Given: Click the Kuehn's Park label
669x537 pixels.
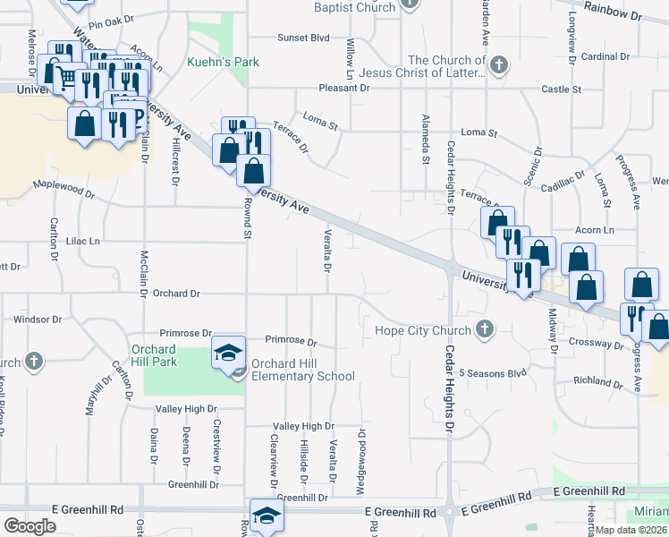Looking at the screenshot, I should click(x=216, y=62).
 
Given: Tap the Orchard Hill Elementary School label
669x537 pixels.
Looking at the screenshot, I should click(x=302, y=371).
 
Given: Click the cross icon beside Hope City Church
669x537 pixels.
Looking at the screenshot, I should click(x=485, y=330).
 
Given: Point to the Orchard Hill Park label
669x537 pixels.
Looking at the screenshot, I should click(x=154, y=355).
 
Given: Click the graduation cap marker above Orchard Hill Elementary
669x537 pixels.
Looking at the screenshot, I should click(x=228, y=351).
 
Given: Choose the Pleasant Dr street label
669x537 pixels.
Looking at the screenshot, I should click(x=345, y=89).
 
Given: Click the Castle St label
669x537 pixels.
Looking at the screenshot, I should click(x=561, y=89).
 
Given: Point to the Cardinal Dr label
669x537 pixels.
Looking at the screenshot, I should click(x=605, y=56).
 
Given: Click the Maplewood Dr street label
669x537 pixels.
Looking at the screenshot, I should click(x=64, y=189).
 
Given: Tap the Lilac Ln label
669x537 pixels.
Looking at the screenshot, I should click(x=82, y=242).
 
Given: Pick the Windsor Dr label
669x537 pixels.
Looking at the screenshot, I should click(x=38, y=319).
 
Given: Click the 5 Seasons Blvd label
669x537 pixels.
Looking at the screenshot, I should click(x=493, y=372).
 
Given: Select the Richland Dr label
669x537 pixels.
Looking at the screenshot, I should click(x=598, y=381).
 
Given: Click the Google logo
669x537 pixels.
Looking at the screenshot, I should click(x=30, y=525).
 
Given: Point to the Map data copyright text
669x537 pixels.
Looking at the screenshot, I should click(x=632, y=528).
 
